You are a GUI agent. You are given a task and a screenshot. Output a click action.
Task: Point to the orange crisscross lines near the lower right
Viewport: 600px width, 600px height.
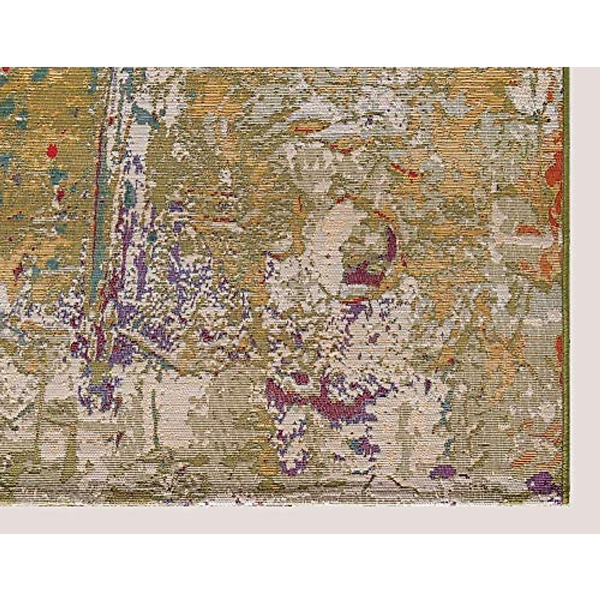495,345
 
